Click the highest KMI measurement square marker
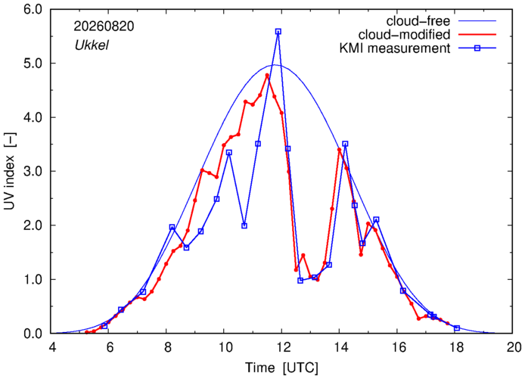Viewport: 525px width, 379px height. click(x=278, y=32)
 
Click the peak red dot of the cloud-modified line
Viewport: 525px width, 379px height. click(x=267, y=76)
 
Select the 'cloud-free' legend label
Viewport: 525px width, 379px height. click(x=418, y=21)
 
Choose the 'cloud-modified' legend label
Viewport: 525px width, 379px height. click(x=404, y=35)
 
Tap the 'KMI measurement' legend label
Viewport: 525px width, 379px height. click(x=395, y=48)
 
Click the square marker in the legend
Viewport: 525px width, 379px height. click(x=477, y=48)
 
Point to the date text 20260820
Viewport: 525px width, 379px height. click(x=104, y=26)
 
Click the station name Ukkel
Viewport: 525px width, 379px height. click(x=92, y=45)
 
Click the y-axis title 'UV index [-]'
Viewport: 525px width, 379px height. click(x=10, y=172)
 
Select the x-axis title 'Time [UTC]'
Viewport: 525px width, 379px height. click(x=281, y=368)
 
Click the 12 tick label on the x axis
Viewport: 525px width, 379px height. click(x=281, y=347)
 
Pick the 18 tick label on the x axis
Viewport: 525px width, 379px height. click(x=455, y=347)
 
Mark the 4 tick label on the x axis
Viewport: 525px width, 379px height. click(x=52, y=347)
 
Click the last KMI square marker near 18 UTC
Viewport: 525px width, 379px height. click(x=457, y=328)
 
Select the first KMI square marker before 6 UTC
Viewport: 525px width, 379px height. click(x=104, y=325)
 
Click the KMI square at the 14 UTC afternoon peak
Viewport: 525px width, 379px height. click(x=345, y=144)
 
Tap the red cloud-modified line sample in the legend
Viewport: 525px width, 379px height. click(x=477, y=35)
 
